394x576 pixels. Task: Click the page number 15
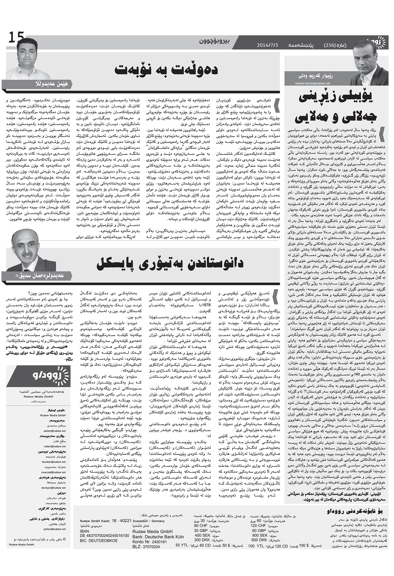16,38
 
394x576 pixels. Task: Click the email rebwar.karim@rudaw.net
312,83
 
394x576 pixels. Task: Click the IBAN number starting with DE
105,535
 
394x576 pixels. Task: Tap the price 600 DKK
258,540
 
